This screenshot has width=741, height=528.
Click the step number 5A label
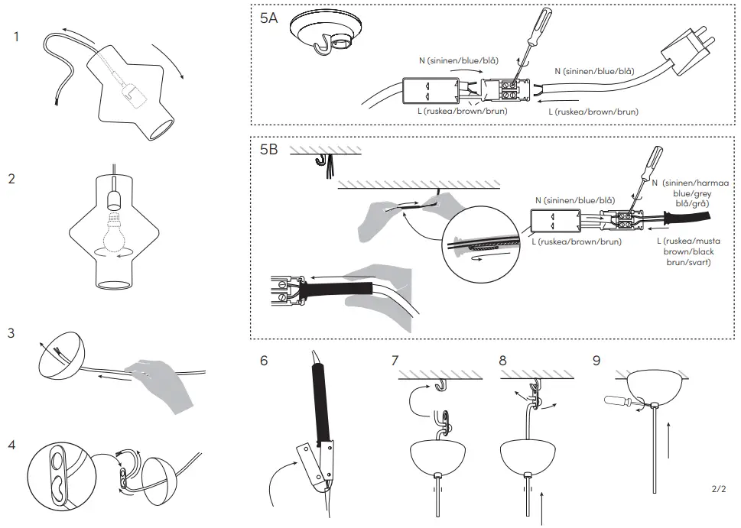(268, 19)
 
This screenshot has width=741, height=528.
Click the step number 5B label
(268, 150)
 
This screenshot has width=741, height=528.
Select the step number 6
(264, 360)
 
